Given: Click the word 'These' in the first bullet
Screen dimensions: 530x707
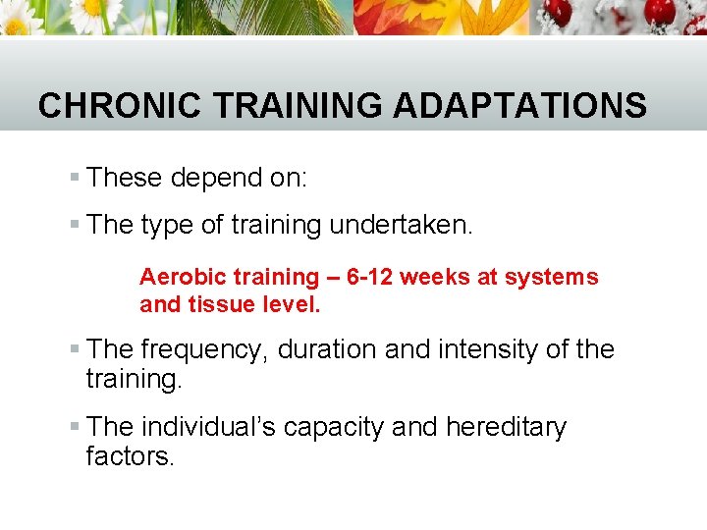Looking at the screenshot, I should click(x=125, y=178).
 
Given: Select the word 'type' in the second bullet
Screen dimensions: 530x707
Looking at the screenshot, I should click(x=167, y=226).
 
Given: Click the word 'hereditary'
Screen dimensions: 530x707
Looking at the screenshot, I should click(x=506, y=428).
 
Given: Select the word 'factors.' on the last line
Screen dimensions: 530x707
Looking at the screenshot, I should click(x=130, y=455).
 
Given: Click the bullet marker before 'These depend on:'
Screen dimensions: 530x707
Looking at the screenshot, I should click(x=75, y=179).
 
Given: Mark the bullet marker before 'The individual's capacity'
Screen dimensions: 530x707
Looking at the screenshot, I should click(x=75, y=429).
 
